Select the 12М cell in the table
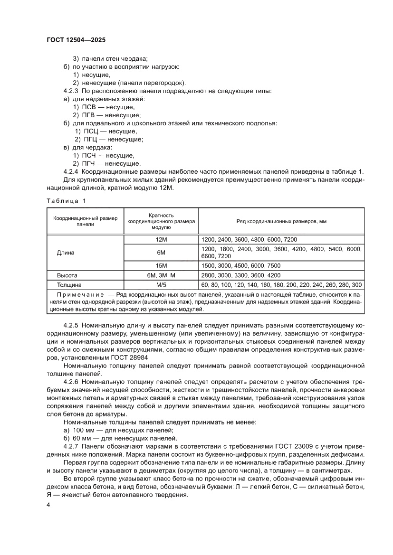click(x=161, y=240)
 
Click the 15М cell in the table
click(x=161, y=265)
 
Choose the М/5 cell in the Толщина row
click(x=161, y=285)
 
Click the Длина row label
click(x=66, y=253)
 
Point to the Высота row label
click(x=67, y=275)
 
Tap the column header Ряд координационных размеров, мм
click(x=281, y=222)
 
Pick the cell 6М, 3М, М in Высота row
click(x=161, y=275)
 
